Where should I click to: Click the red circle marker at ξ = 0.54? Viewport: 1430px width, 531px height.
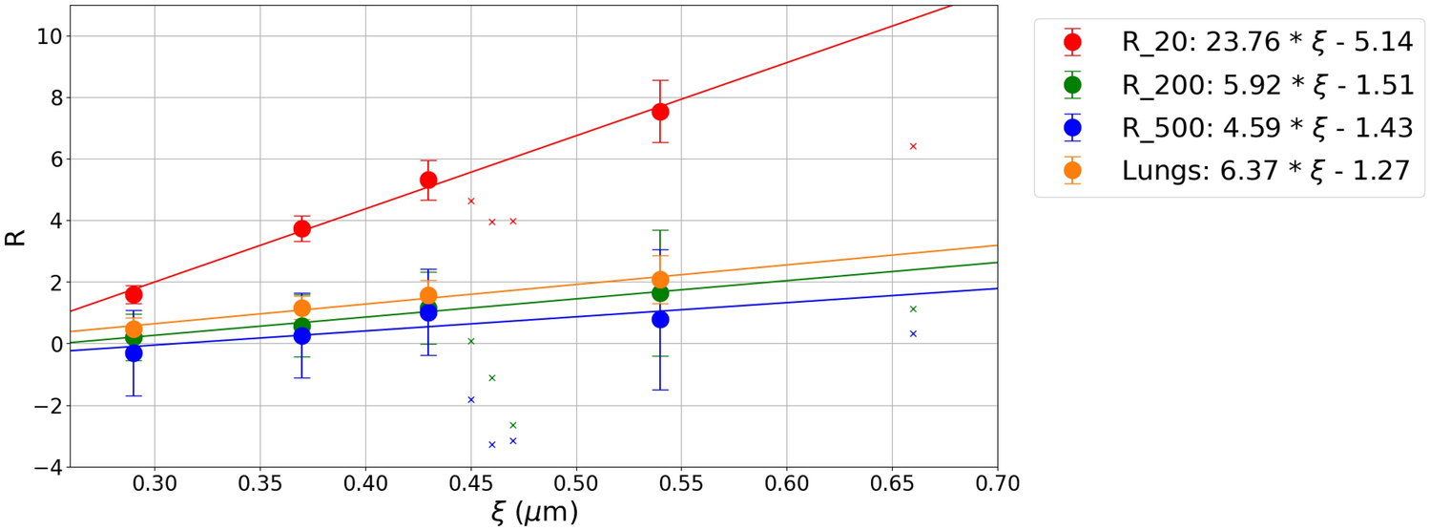[660, 111]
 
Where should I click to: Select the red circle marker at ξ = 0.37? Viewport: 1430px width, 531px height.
[302, 228]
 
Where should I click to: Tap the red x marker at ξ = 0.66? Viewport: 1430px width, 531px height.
[913, 146]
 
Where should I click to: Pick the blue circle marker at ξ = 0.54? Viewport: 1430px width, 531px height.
[660, 319]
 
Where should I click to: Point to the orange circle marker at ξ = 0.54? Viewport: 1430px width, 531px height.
[660, 280]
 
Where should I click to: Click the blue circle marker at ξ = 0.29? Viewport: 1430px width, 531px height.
[134, 352]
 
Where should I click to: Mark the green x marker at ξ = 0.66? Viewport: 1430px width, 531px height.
[913, 308]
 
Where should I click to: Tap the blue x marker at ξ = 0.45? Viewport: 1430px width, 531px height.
[471, 399]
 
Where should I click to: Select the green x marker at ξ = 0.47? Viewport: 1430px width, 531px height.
[513, 425]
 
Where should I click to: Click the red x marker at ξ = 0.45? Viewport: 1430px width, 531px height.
[471, 201]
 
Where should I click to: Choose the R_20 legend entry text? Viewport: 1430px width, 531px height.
[1267, 42]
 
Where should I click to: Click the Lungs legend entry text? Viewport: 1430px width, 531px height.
[1265, 170]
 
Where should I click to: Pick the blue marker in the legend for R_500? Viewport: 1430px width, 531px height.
[1072, 127]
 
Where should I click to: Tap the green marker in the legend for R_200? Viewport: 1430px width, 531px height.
[1072, 85]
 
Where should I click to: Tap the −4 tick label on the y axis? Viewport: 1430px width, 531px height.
[40, 467]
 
